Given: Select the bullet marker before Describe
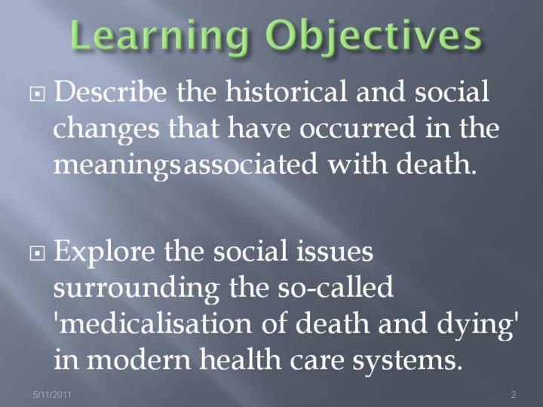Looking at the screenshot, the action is tap(37, 93).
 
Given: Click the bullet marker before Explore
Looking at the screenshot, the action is tap(37, 254).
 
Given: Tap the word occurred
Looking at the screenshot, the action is tap(357, 128).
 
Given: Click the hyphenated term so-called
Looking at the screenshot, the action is tap(335, 286).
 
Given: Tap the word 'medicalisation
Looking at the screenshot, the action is tap(153, 323).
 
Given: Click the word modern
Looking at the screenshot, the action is tap(139, 360).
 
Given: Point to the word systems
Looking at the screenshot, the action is tap(407, 361).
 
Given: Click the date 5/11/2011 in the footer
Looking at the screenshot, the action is tap(52, 394).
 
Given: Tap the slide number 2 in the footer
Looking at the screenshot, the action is tap(514, 394).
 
